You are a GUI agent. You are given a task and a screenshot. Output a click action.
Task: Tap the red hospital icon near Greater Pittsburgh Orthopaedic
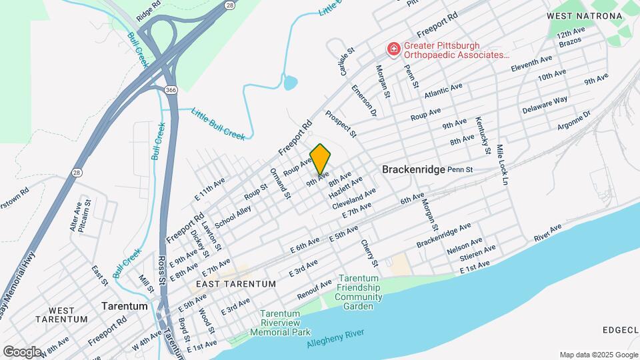[x=394, y=49]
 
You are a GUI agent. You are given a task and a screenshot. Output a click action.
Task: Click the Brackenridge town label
[x=413, y=170]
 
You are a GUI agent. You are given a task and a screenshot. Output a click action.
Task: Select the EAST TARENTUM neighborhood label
[x=236, y=283]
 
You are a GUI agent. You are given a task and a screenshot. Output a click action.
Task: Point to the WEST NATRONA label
[x=579, y=15]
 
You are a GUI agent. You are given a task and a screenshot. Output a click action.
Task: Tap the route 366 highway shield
[x=171, y=89]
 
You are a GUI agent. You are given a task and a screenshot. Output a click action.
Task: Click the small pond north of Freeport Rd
[x=290, y=83]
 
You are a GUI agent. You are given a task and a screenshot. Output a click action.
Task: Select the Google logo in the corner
[x=22, y=351]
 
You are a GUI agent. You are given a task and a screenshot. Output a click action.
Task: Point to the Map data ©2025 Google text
[x=597, y=355]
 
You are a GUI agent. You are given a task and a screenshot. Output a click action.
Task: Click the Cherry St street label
[x=369, y=253]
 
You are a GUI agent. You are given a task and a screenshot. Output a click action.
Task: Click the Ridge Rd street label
[x=149, y=9]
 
